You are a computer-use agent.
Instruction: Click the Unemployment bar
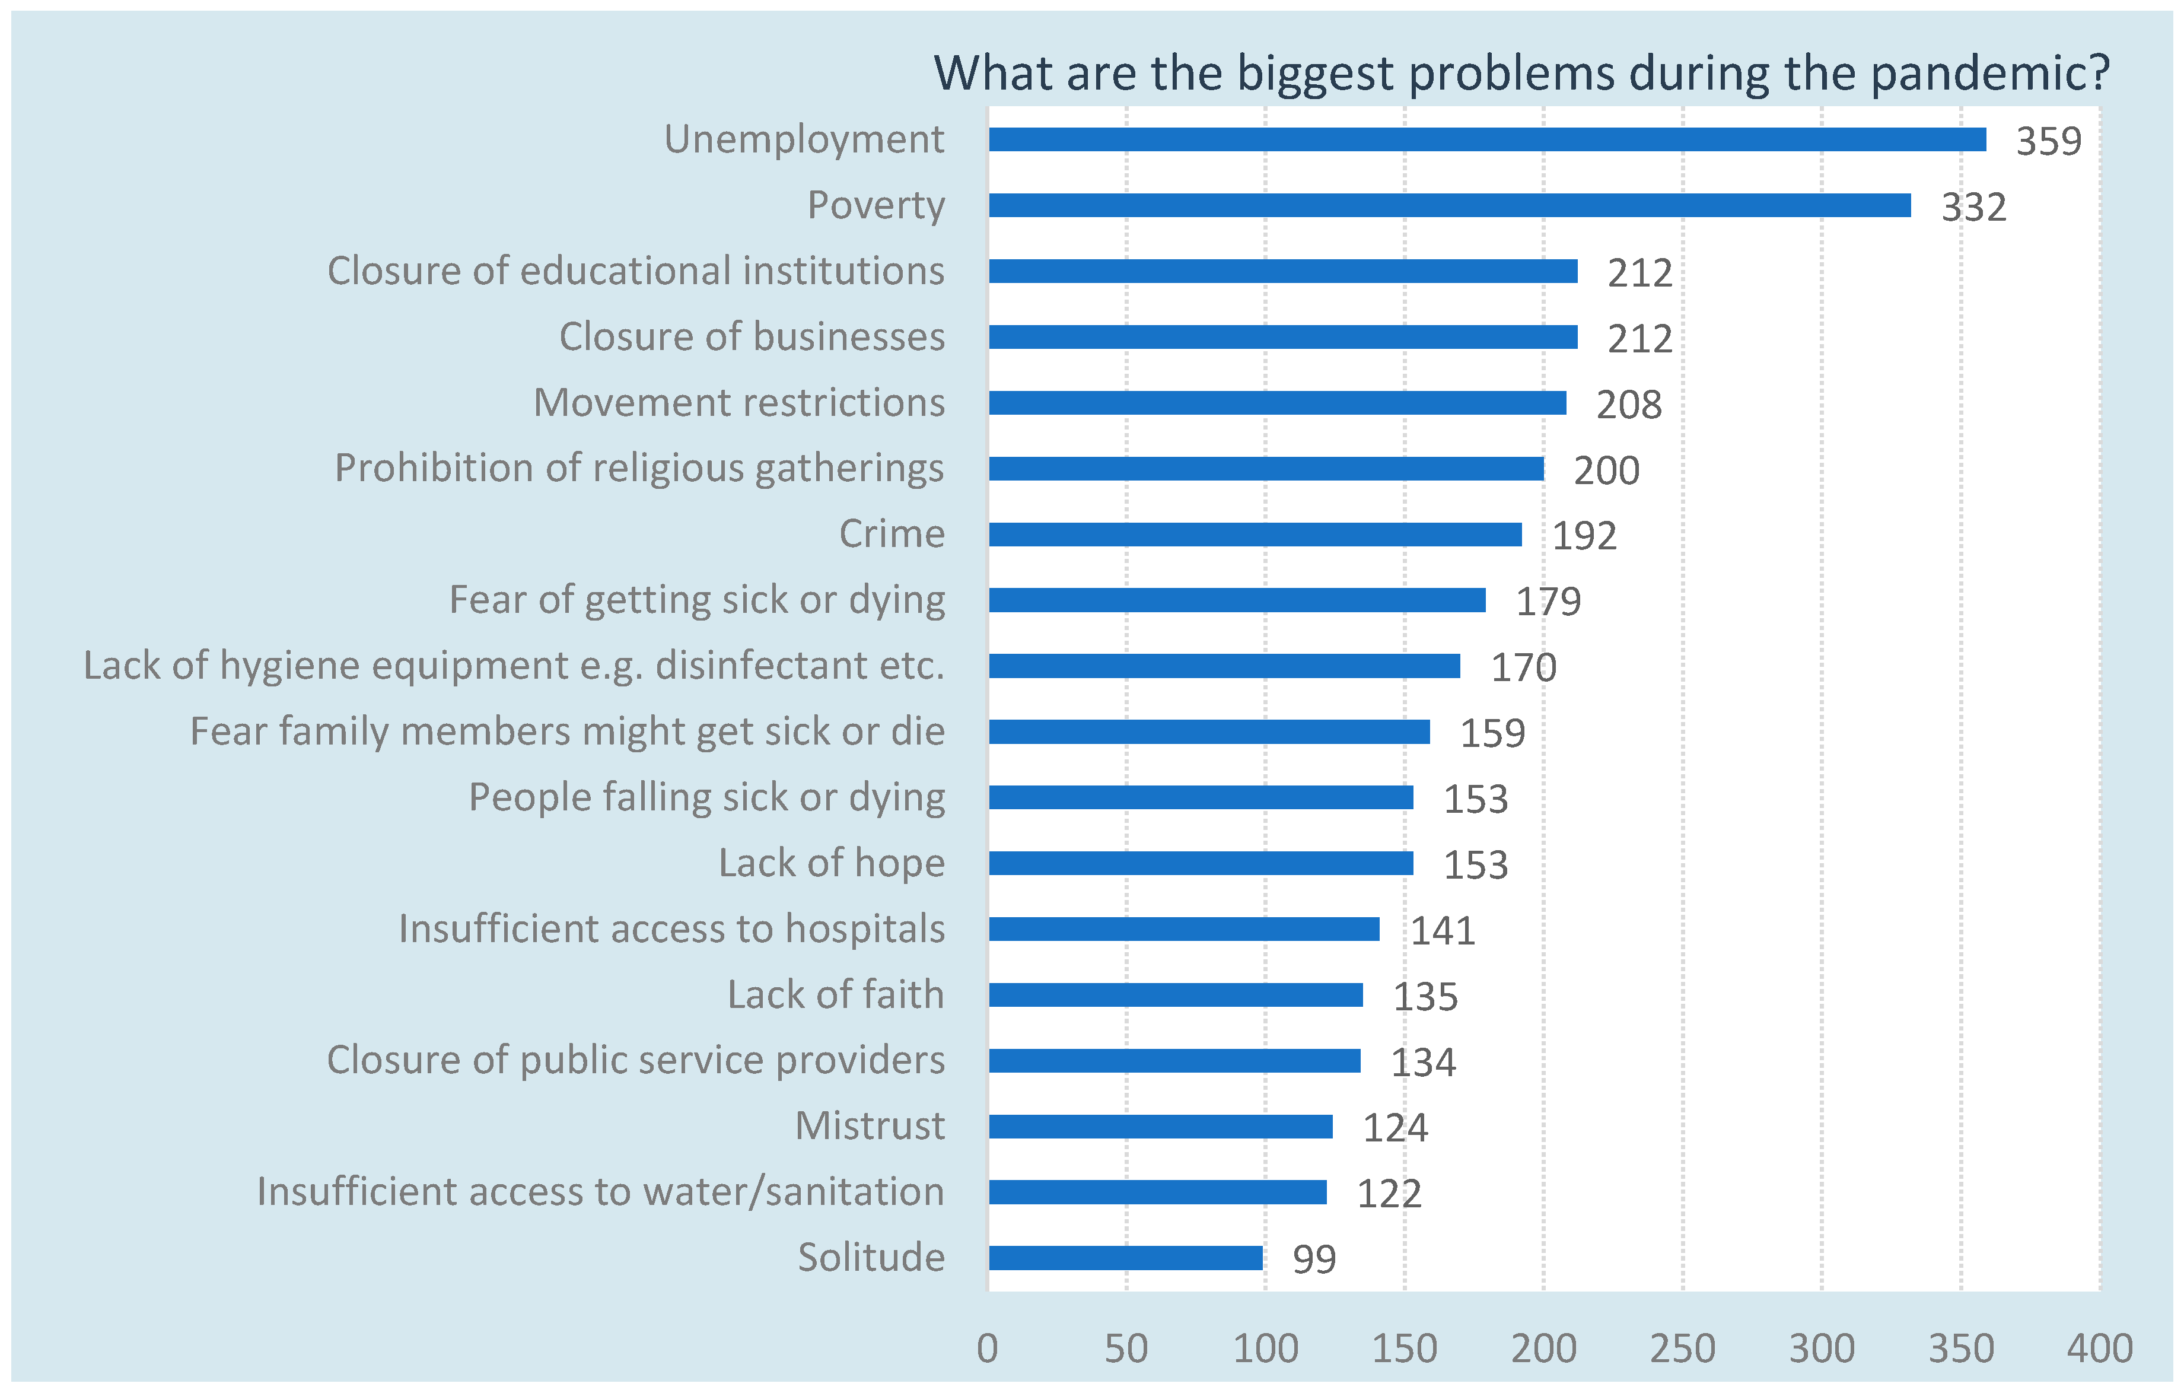1488,139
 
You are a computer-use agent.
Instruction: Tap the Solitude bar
1126,1258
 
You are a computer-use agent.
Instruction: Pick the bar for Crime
1255,534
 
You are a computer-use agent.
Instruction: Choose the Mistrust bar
1161,1127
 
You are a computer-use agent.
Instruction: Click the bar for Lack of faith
1176,995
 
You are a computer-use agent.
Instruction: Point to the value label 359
2048,141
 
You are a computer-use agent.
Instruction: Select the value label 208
1629,405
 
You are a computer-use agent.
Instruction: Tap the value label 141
1442,930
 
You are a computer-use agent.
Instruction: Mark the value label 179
1548,601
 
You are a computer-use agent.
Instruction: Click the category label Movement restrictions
738,403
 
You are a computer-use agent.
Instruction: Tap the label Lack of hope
831,863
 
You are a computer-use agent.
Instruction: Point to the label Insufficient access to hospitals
671,928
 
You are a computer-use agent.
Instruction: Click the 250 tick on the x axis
1682,1349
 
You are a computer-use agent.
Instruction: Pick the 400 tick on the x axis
2099,1349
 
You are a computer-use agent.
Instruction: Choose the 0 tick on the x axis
988,1349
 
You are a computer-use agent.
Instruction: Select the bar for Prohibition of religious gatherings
1266,469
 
